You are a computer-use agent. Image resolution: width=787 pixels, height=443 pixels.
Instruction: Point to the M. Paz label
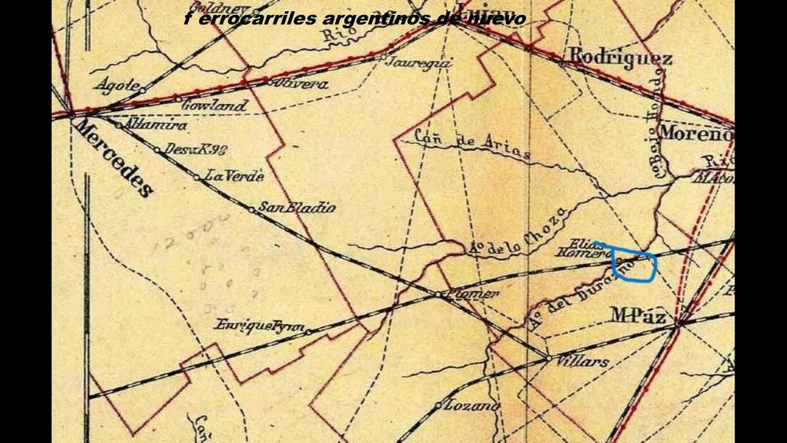640,316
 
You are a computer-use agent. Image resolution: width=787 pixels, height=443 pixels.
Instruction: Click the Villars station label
583,363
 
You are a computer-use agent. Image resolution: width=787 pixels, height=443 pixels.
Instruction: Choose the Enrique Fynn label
259,324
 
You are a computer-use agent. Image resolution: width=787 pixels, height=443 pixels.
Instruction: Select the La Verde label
234,176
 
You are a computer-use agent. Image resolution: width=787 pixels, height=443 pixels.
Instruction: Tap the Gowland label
214,105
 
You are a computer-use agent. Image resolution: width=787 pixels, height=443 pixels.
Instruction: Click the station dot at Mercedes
72,114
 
